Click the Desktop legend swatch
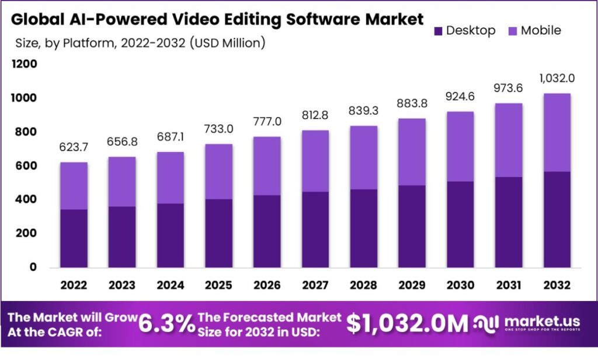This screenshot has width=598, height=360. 438,30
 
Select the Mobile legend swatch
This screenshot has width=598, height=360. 512,30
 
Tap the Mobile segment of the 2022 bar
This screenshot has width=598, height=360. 74,185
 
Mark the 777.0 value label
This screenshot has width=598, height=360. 266,122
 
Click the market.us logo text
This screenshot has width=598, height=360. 534,321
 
